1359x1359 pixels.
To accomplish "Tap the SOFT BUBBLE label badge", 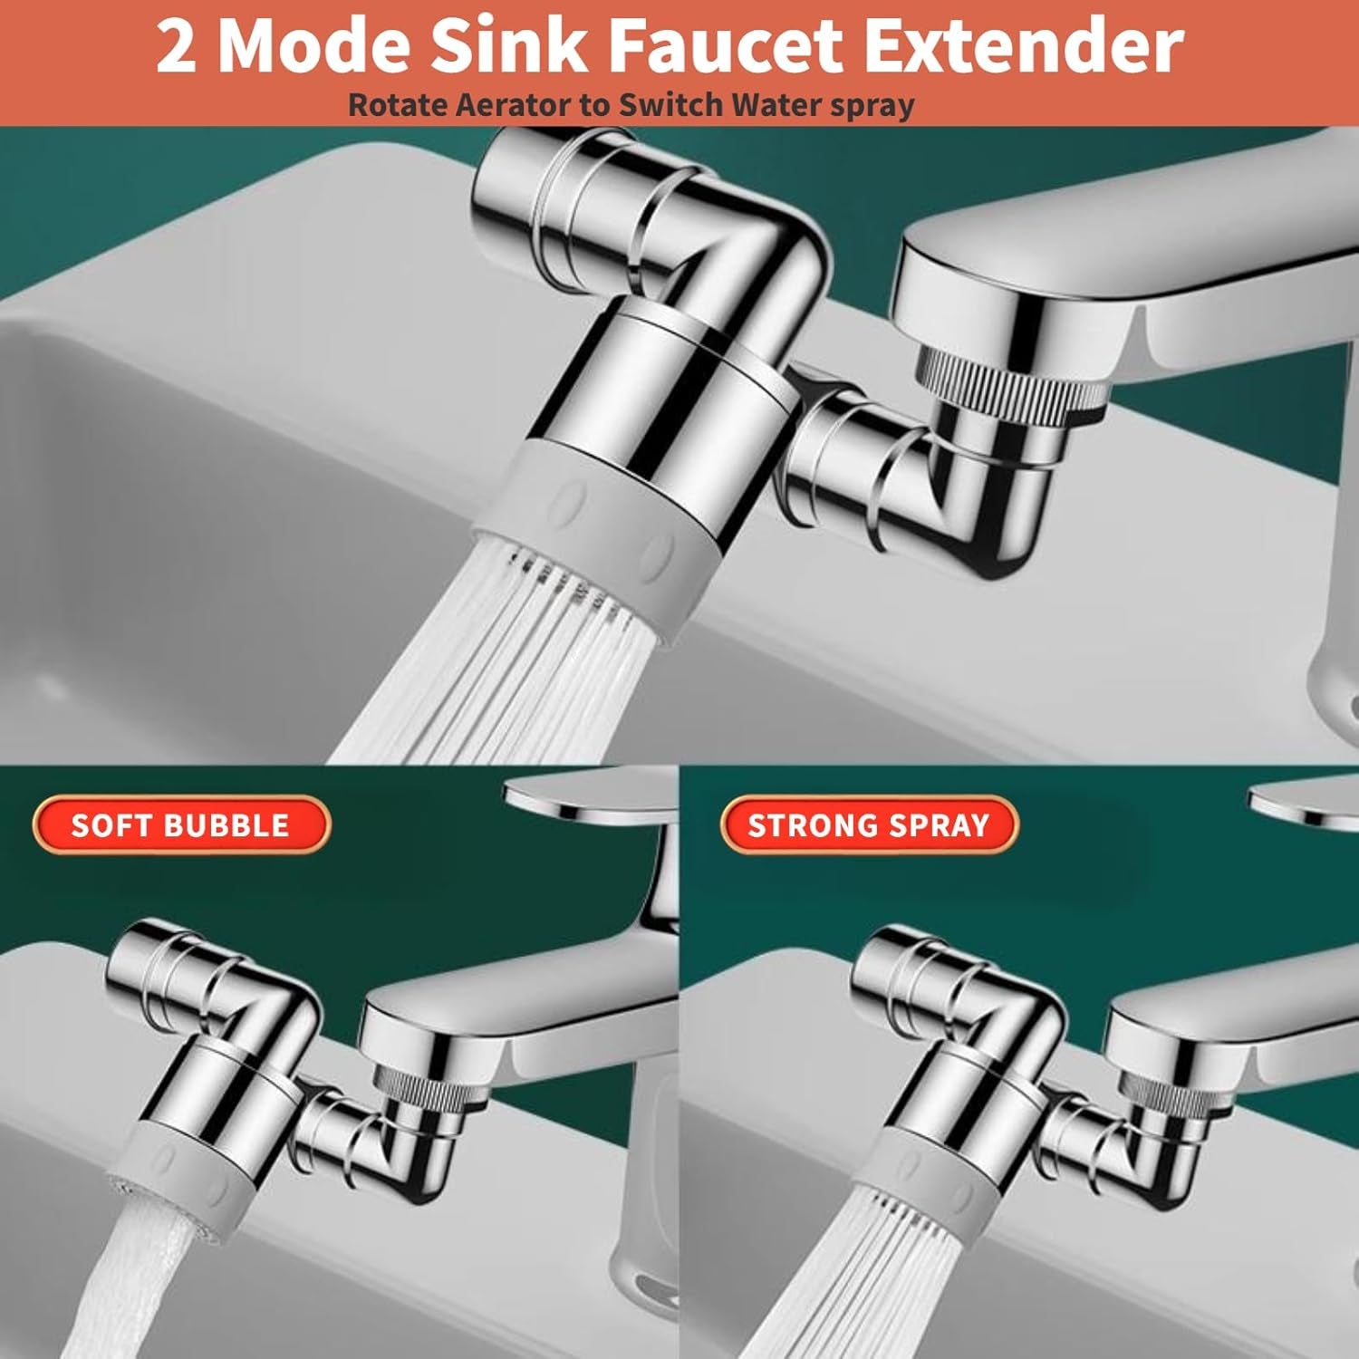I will pyautogui.click(x=181, y=824).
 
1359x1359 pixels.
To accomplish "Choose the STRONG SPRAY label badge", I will pyautogui.click(x=869, y=824).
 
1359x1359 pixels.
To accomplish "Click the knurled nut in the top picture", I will pyautogui.click(x=1010, y=385).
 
